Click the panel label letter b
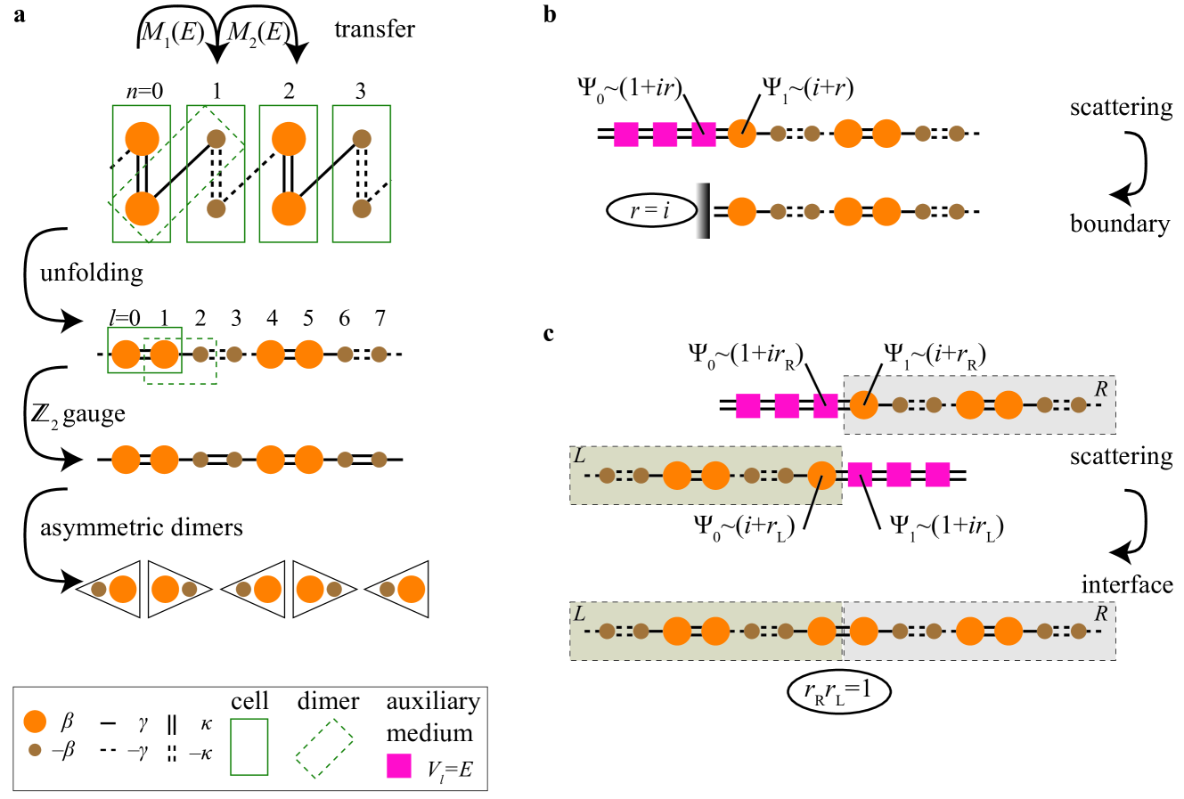pos(550,14)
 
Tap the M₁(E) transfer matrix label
pos(171,33)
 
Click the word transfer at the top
pos(374,29)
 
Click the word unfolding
pos(91,272)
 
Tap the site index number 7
pos(380,318)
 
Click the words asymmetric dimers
pos(141,527)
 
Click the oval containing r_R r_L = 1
pos(838,691)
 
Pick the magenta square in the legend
pos(399,766)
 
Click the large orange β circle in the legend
pos(35,722)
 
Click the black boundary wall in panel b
pos(703,211)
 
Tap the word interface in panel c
pos(1127,584)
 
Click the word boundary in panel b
pos(1119,224)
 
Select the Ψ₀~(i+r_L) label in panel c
pos(744,526)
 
